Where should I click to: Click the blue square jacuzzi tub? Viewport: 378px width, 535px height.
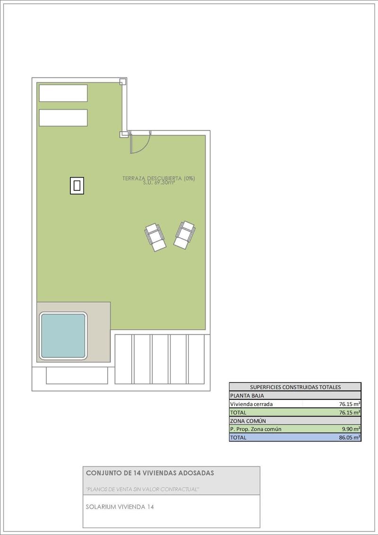63,335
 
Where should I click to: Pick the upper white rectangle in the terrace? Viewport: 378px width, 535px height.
63,93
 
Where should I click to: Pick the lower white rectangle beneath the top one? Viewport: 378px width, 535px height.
63,118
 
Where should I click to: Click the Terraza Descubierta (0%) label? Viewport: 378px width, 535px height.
158,178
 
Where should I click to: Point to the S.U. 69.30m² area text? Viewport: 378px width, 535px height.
158,183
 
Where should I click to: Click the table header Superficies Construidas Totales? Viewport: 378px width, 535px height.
295,387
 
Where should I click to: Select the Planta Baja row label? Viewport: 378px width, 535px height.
247,395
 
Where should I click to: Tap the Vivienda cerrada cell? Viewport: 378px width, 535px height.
251,404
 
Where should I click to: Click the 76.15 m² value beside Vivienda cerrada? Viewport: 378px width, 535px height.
350,404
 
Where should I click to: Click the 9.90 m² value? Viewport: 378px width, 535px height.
352,429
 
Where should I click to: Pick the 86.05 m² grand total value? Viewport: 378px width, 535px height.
350,438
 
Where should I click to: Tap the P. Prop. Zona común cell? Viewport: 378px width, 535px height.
256,429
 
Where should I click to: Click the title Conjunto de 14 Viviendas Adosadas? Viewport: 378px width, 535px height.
150,473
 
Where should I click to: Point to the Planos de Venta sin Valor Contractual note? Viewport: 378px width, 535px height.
142,489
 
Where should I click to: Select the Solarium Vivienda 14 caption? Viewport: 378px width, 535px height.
120,507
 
